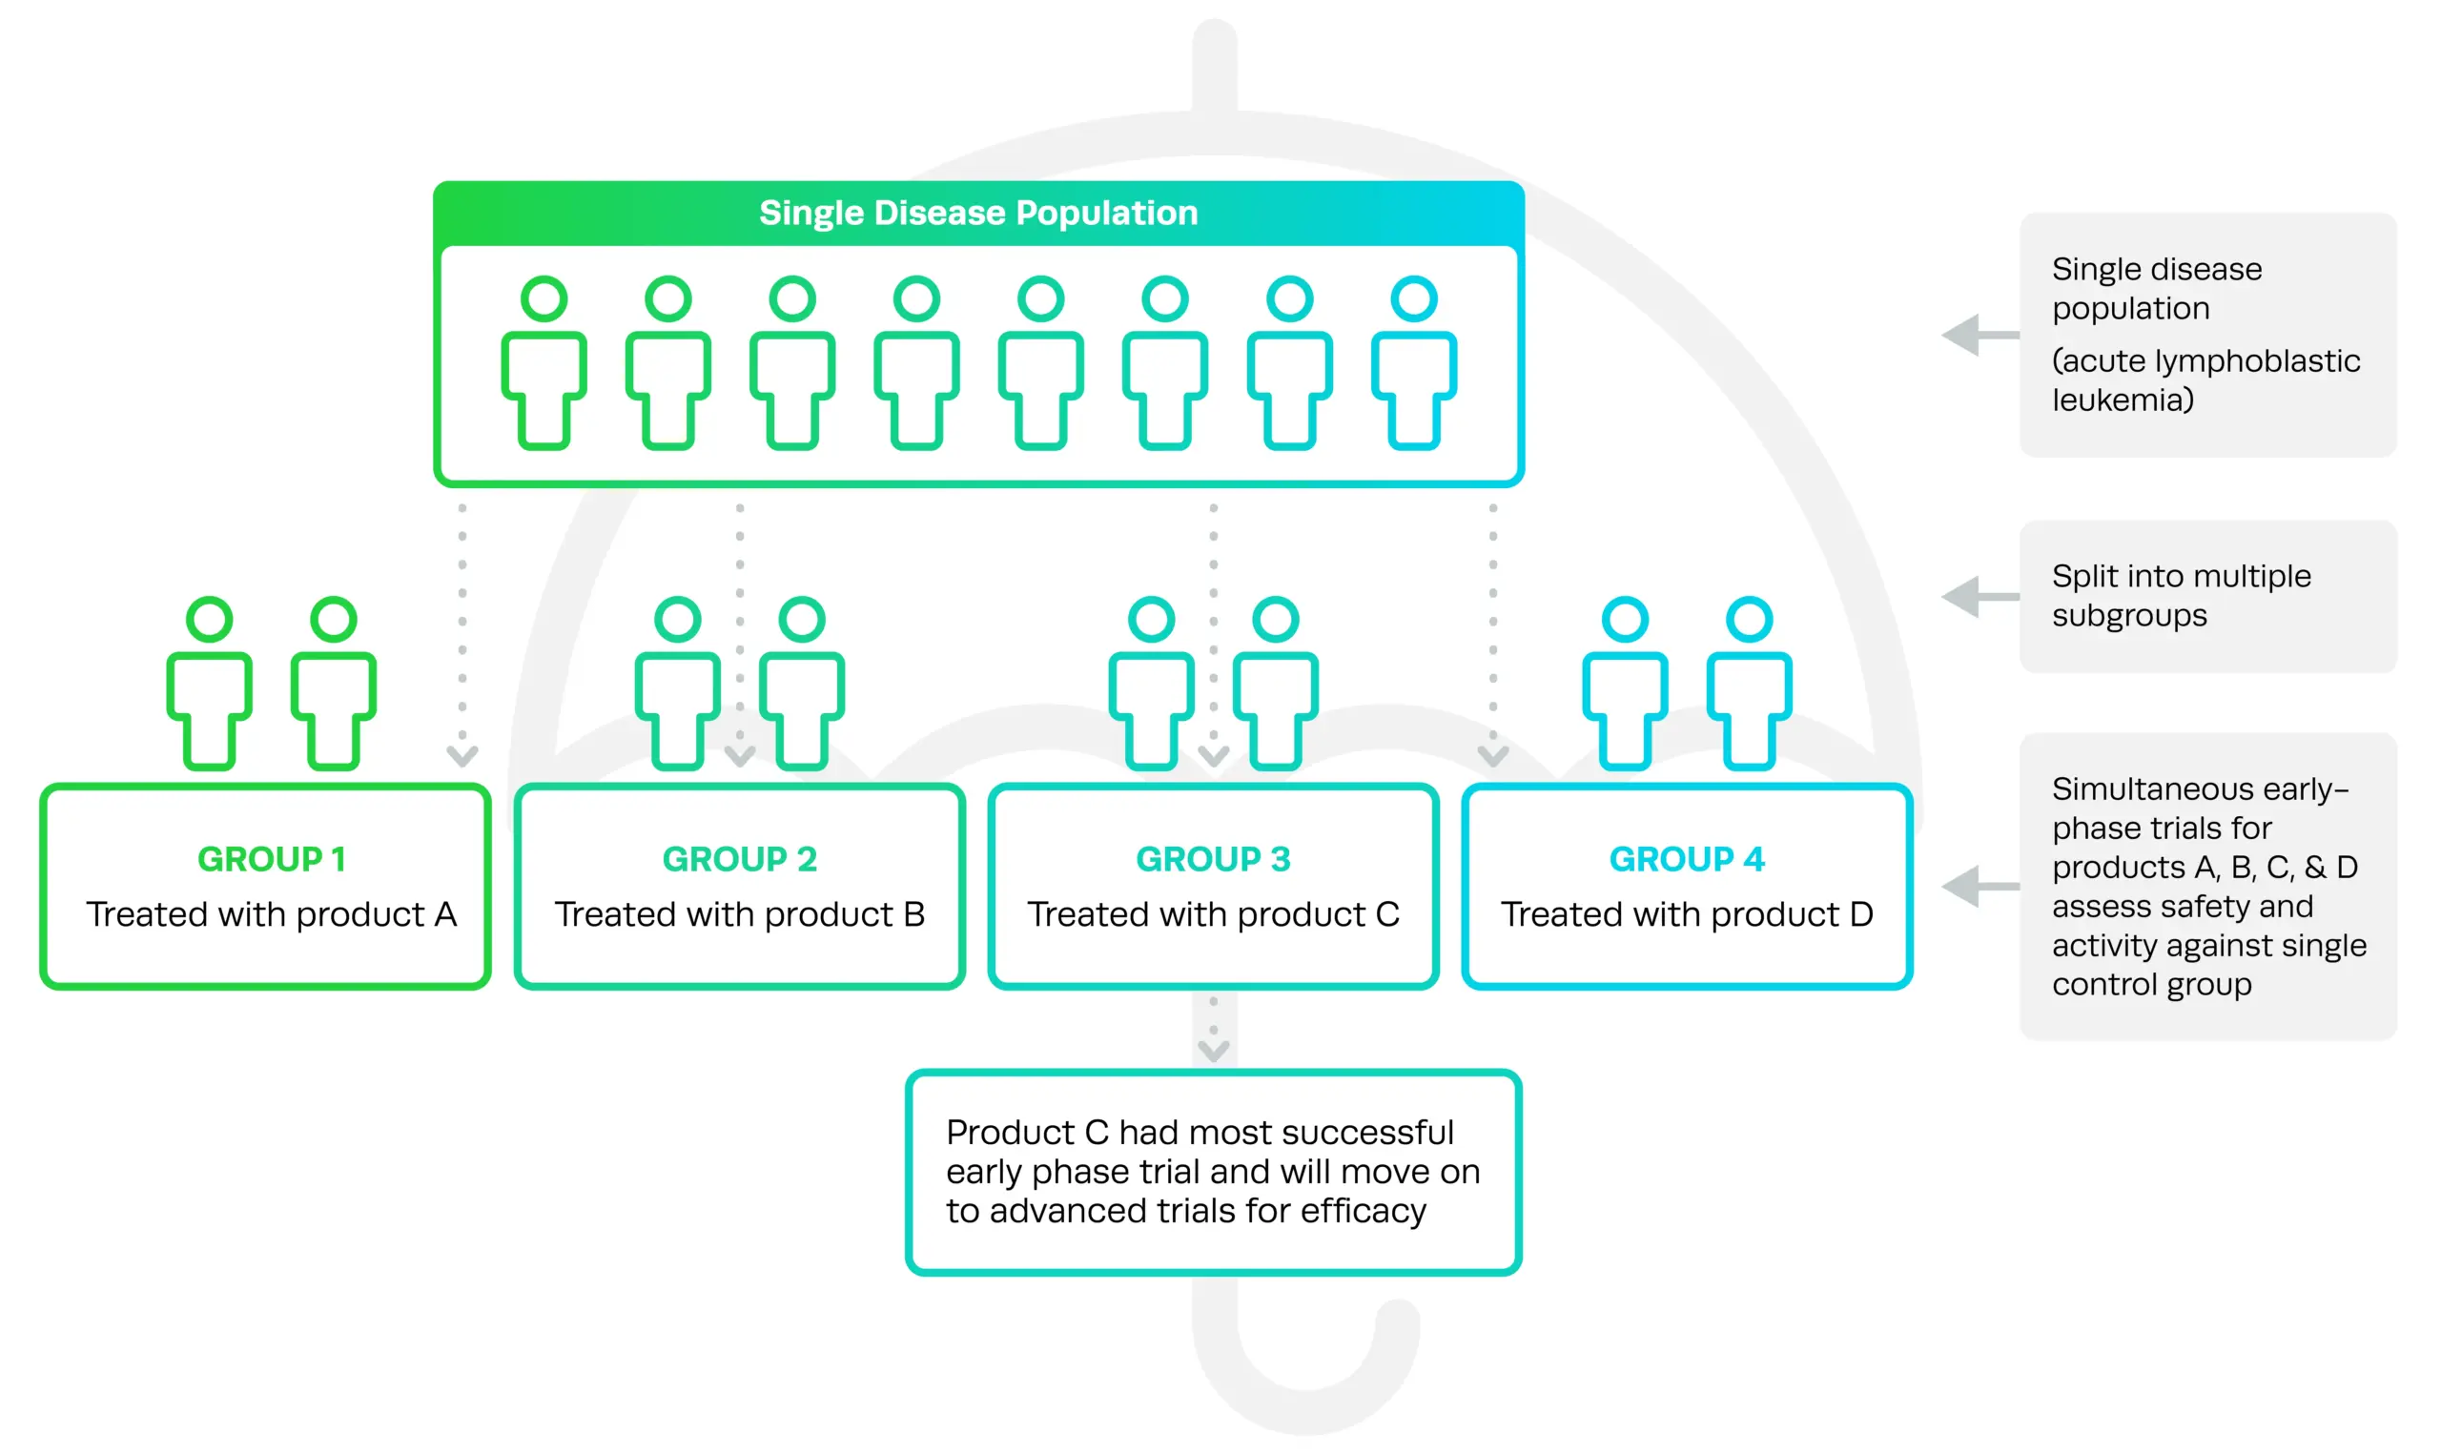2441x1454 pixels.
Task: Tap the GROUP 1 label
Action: (x=272, y=859)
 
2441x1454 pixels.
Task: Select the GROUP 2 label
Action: (x=740, y=859)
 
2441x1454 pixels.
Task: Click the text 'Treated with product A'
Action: (x=272, y=914)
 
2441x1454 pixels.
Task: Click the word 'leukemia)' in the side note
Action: (x=2123, y=399)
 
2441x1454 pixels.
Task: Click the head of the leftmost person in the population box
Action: (x=544, y=298)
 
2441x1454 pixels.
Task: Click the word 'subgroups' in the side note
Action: (x=2129, y=615)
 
